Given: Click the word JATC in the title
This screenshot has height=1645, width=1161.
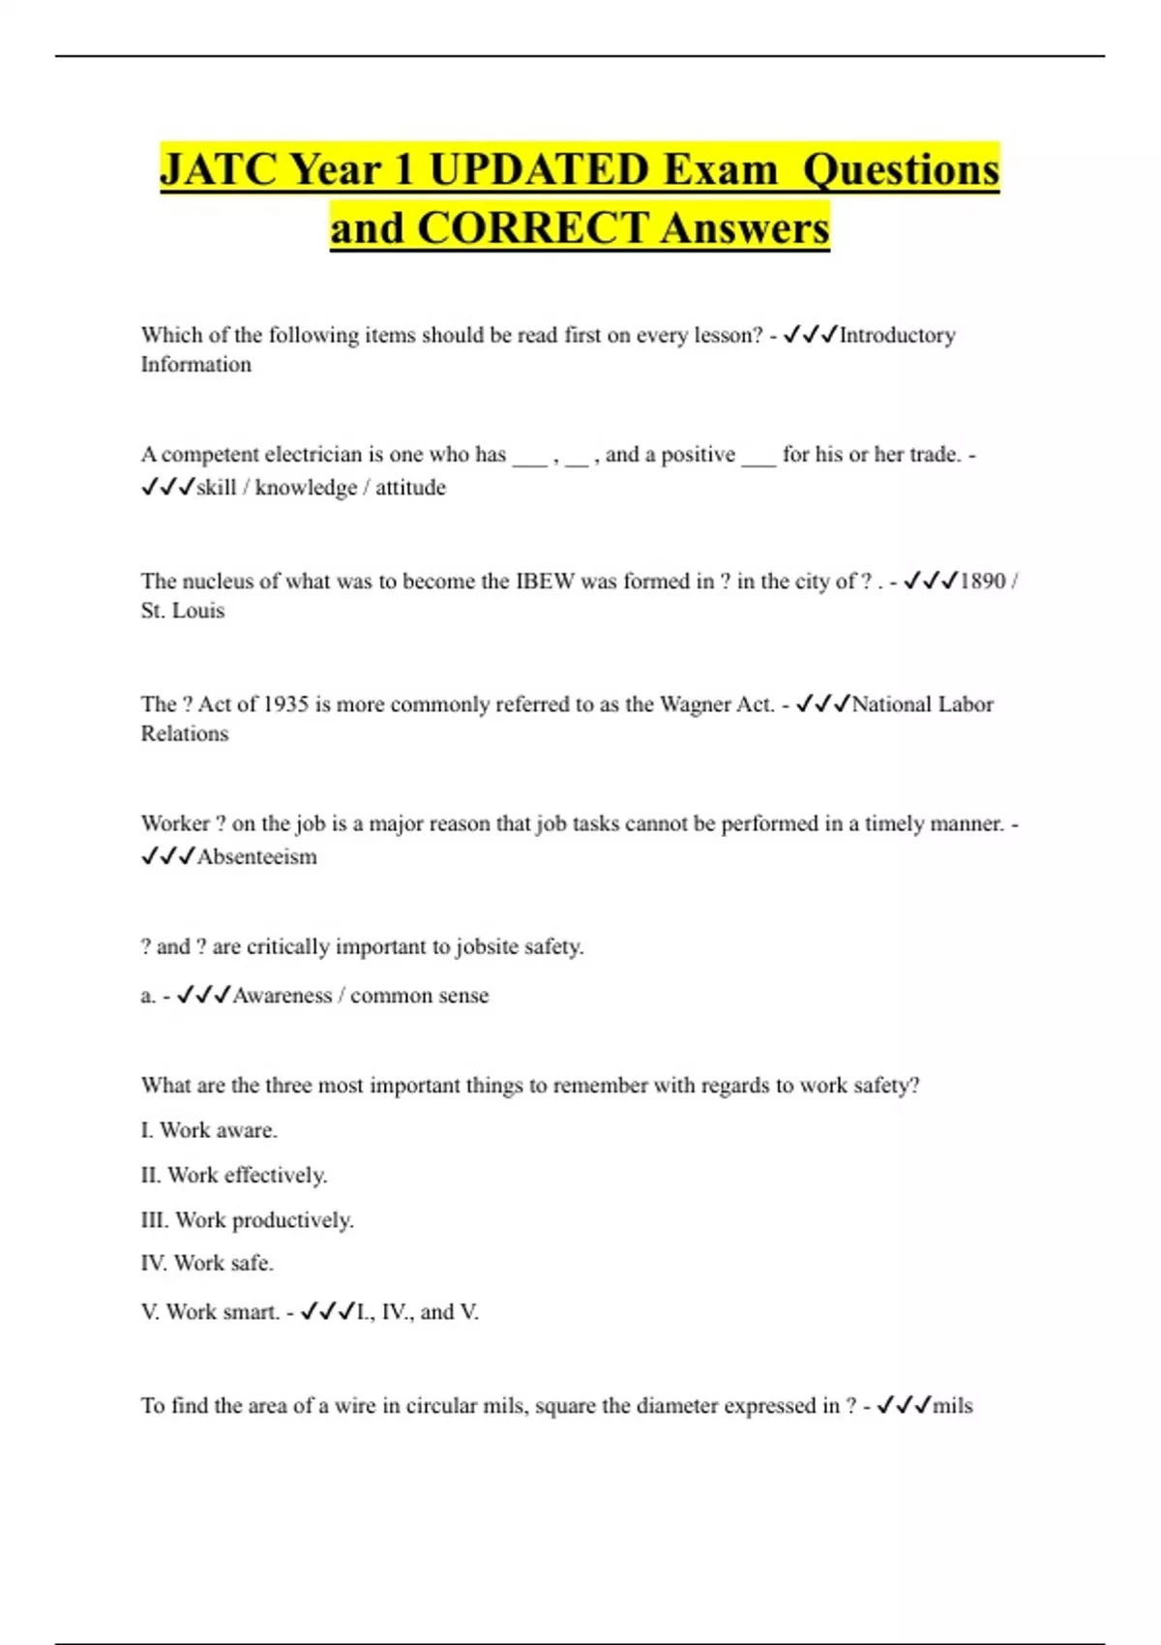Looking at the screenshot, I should click(219, 170).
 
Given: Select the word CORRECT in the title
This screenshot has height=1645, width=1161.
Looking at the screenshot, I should click(533, 229).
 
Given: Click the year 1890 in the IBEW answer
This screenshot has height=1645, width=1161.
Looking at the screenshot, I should click(982, 582).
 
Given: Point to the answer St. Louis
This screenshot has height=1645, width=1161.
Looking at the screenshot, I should click(183, 611).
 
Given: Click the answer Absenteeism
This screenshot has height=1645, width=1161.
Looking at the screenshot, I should click(256, 857).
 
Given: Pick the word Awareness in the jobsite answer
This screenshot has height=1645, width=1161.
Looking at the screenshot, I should click(282, 996).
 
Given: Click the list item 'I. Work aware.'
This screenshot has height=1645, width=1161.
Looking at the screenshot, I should click(209, 1130).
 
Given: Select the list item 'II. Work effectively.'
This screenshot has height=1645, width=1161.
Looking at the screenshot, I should click(234, 1176).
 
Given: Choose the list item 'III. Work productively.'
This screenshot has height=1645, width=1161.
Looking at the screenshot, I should click(248, 1220).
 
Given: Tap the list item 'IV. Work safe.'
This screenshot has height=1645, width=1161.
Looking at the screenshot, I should click(207, 1264).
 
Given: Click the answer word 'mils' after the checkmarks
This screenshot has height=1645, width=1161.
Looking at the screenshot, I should click(952, 1406).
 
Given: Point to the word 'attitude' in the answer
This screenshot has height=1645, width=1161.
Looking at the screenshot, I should click(410, 488).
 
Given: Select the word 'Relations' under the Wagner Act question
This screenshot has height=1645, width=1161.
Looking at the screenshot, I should click(185, 733).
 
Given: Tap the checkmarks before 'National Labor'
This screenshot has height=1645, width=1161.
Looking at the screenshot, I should click(822, 704).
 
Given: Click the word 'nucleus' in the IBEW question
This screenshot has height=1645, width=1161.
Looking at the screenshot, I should click(218, 582).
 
